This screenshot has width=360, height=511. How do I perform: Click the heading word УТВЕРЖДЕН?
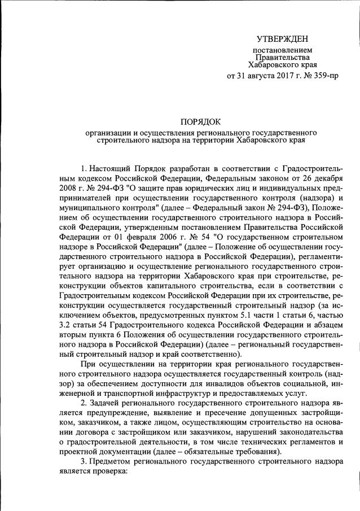click(x=282, y=39)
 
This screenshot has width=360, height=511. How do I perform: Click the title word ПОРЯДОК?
click(x=201, y=121)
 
